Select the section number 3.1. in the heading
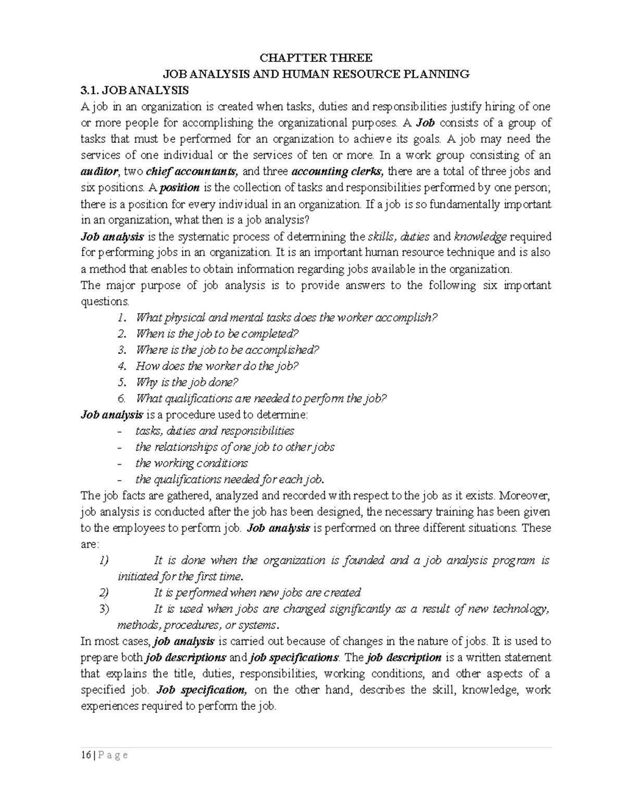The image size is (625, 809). (x=91, y=90)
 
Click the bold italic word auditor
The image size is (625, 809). (x=101, y=171)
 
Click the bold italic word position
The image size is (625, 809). (x=180, y=188)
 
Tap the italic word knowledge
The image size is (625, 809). (x=480, y=237)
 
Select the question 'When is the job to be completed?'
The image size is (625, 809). (x=217, y=334)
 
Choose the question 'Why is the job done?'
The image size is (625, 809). (x=186, y=382)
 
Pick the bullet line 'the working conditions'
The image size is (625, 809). (x=191, y=463)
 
